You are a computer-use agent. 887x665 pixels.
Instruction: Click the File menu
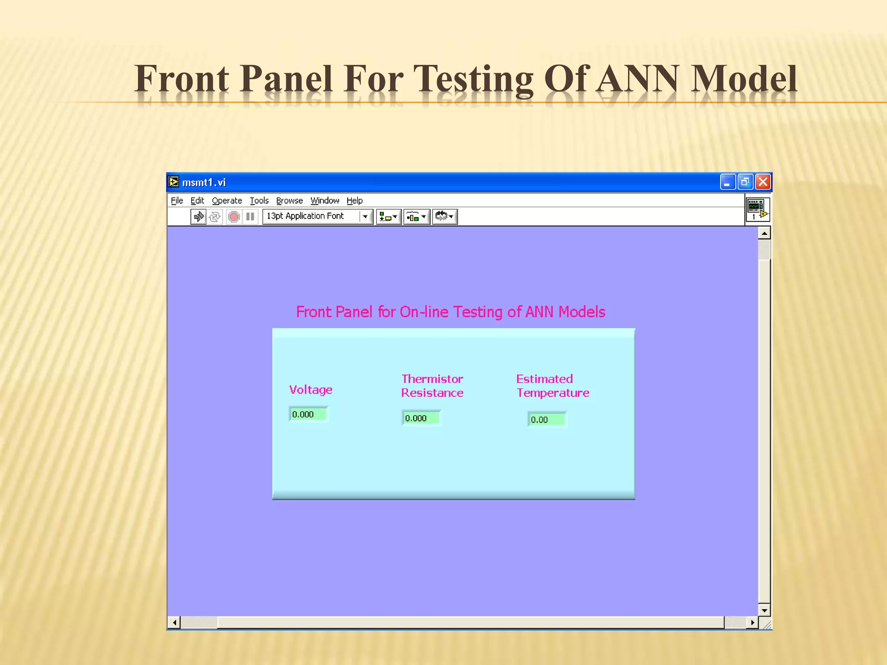(177, 200)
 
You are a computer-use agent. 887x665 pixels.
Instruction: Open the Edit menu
(197, 200)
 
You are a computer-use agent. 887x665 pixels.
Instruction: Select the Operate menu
(227, 200)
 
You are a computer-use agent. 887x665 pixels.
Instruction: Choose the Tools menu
(259, 200)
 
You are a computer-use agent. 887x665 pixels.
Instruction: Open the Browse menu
(289, 200)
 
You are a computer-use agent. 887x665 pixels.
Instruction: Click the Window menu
(324, 200)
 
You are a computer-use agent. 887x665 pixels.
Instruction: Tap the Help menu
(354, 200)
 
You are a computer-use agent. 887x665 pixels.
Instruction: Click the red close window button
(763, 182)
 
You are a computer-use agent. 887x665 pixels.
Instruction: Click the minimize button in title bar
(728, 182)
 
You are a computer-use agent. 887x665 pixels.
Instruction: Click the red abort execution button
(234, 216)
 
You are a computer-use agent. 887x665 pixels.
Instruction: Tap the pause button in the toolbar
(250, 216)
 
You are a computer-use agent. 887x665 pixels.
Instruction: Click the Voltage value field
(308, 414)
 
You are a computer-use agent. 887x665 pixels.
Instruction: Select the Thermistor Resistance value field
(421, 418)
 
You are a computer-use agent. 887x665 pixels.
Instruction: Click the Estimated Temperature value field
(547, 420)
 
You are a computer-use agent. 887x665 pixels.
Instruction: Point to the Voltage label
(311, 390)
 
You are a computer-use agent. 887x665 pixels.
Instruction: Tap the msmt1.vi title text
(204, 183)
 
